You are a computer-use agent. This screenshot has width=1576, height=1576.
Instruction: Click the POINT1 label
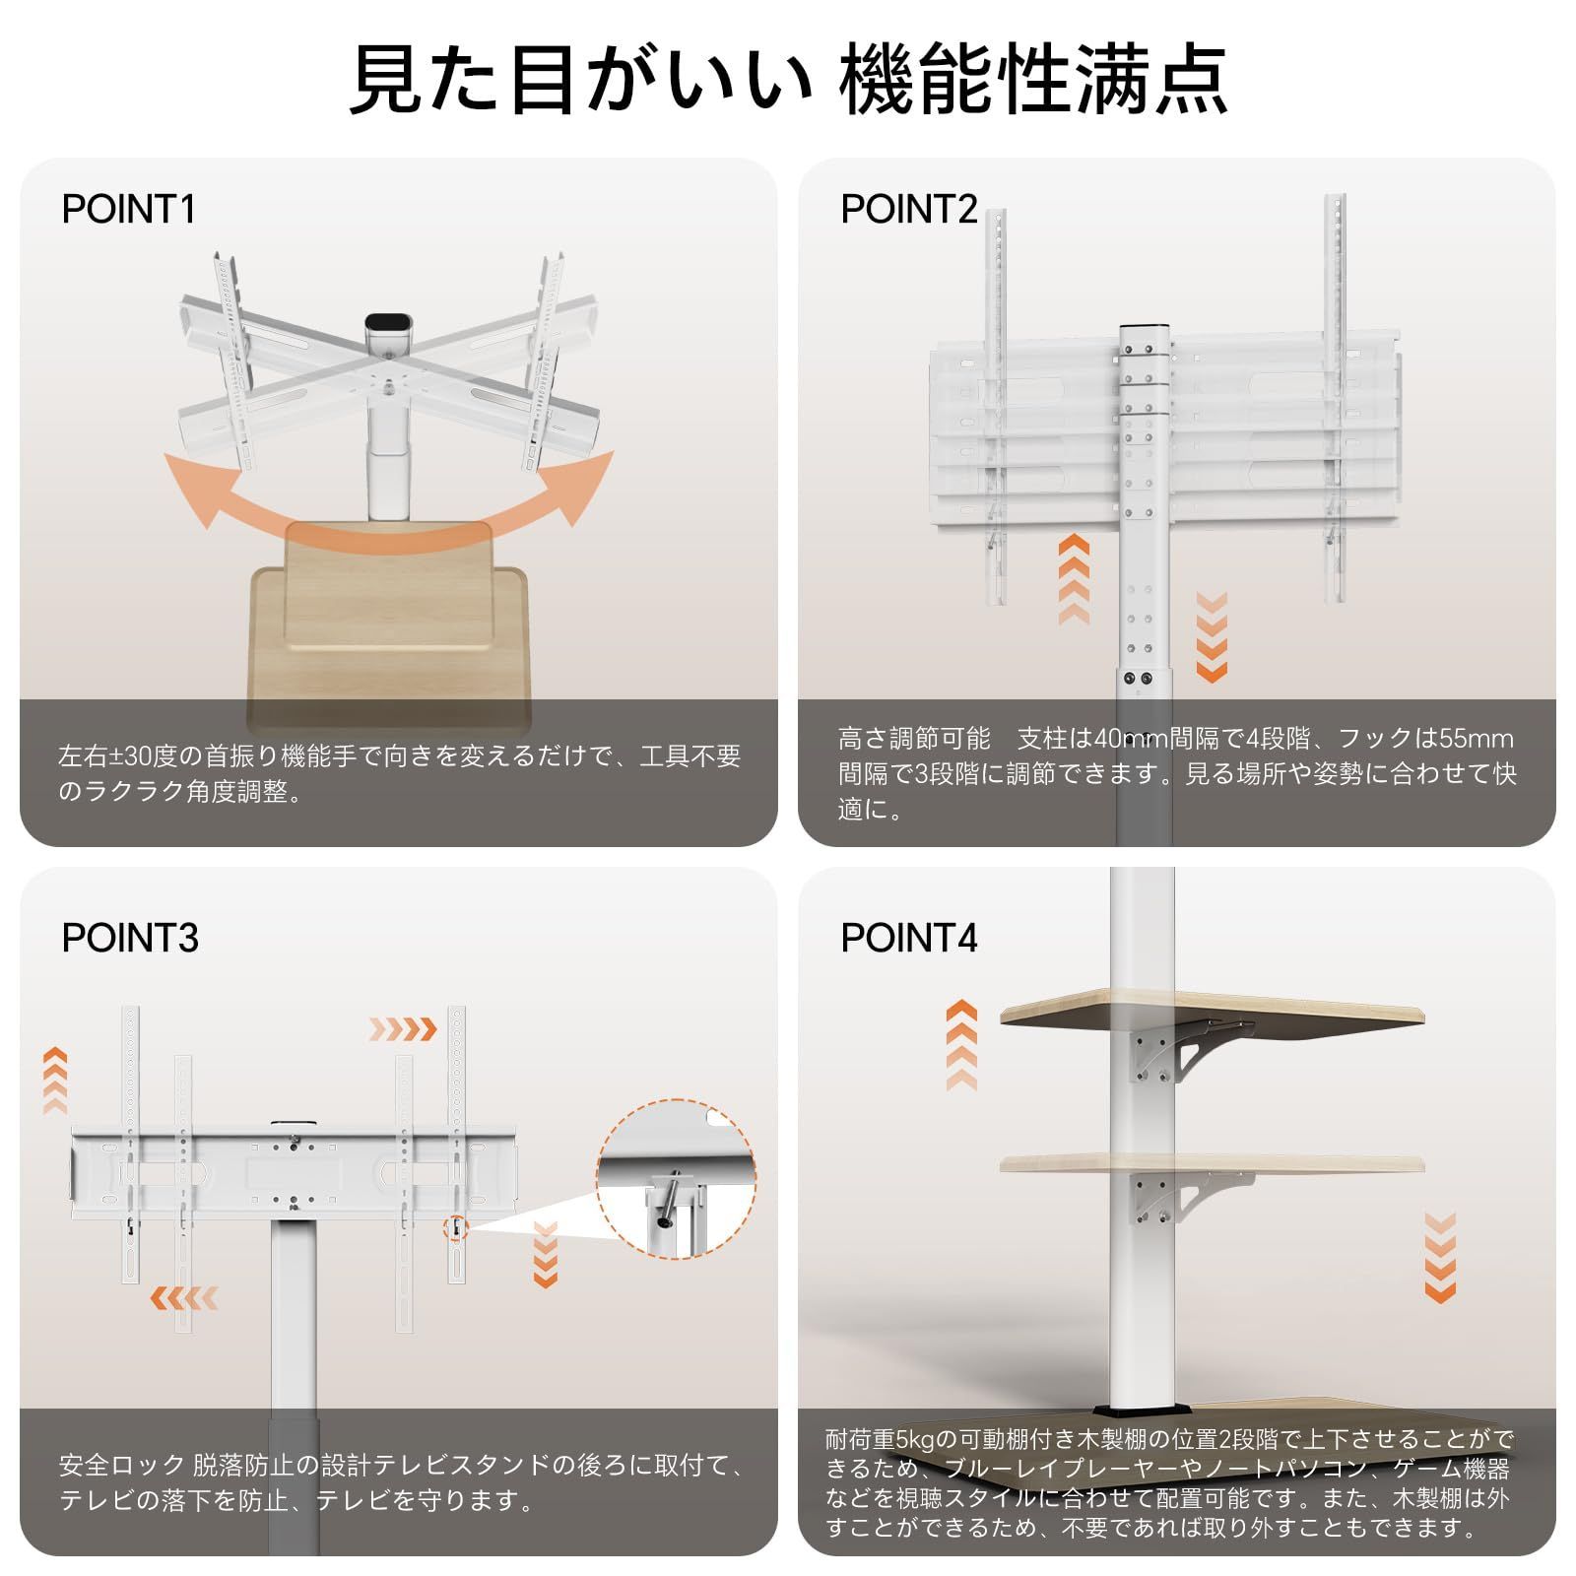point(129,210)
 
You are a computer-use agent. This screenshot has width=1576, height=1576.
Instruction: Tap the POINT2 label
point(908,210)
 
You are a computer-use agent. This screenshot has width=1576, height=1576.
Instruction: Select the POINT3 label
point(130,938)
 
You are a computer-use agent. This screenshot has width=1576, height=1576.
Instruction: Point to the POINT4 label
point(908,938)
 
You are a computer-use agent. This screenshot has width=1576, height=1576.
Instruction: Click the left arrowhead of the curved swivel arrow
point(192,492)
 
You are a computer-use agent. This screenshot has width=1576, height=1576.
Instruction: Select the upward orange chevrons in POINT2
point(1074,580)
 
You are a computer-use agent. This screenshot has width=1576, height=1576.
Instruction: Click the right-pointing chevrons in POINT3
point(402,1030)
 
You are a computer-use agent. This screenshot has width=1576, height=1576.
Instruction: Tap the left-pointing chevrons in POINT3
point(184,1297)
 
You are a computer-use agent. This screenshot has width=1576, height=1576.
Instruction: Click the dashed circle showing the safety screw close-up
point(676,1179)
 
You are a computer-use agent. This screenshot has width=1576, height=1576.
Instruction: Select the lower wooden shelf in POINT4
point(1212,1163)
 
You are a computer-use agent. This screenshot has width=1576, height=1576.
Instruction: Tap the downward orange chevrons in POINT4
point(1440,1257)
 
